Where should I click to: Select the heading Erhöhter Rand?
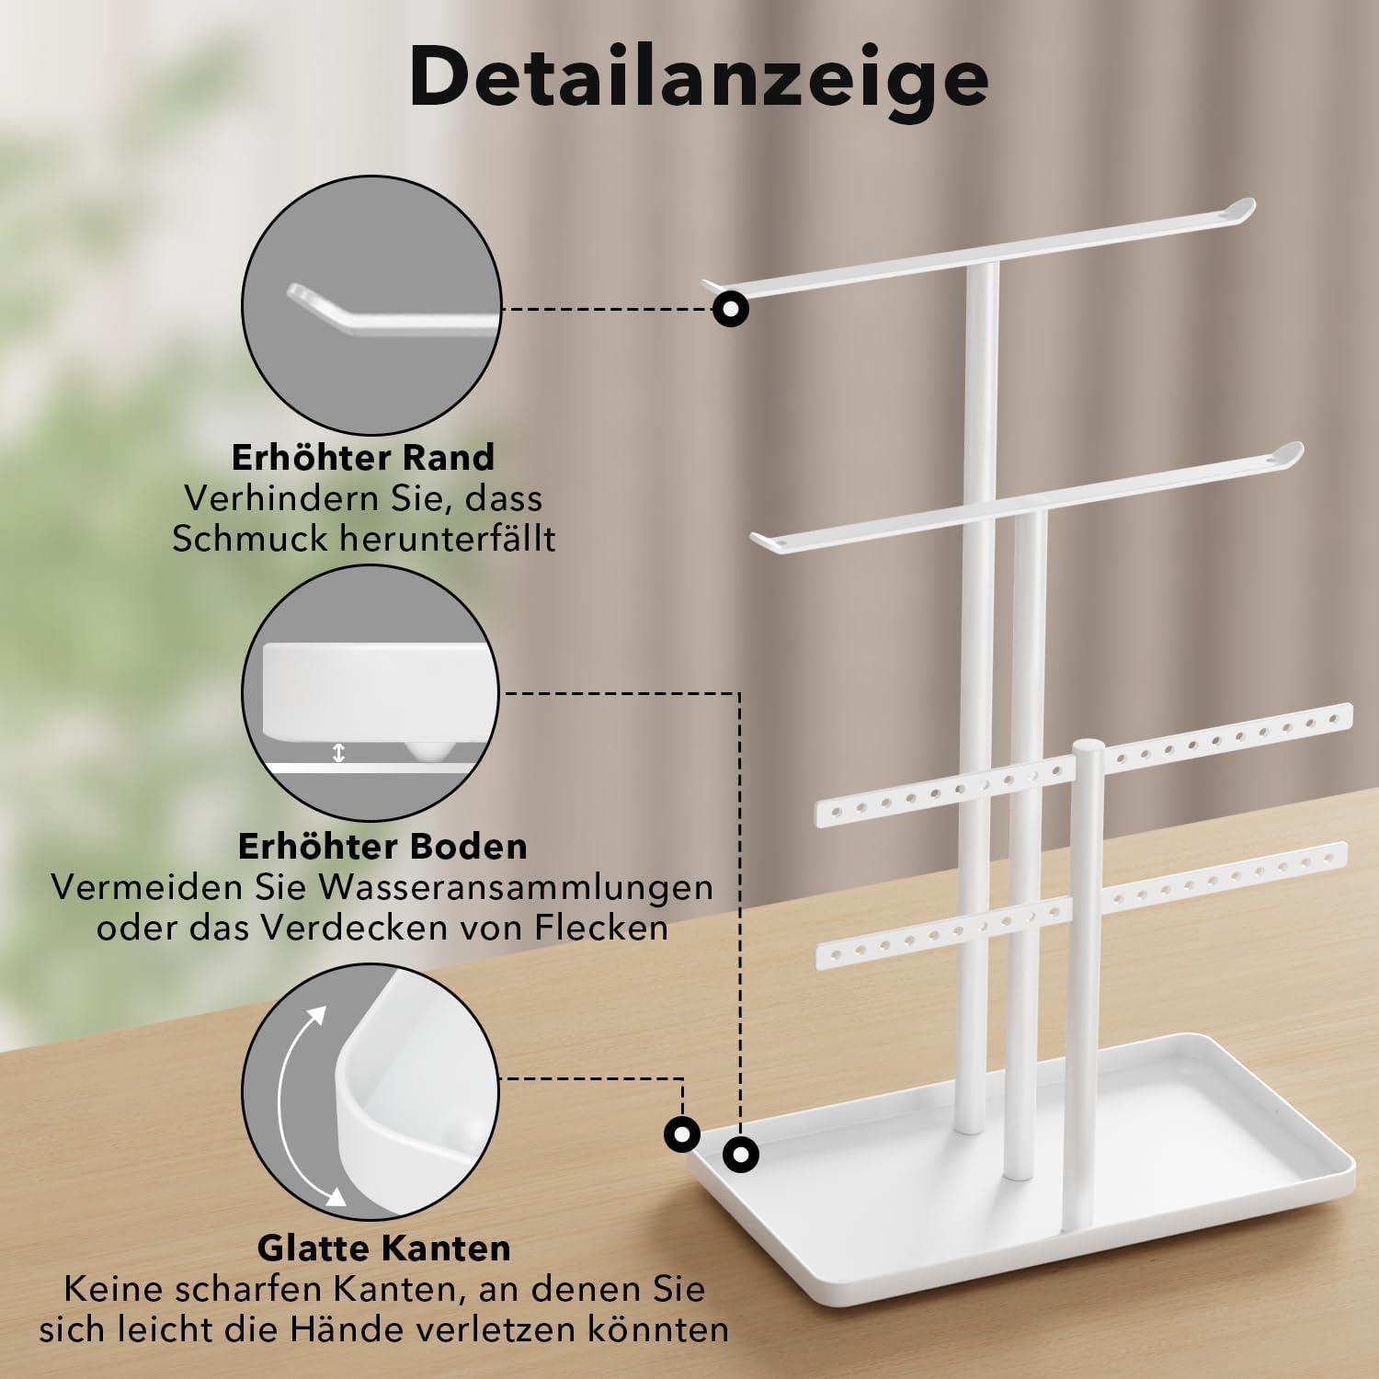[x=362, y=457]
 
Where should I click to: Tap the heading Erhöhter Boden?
[x=382, y=846]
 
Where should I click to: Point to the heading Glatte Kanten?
[x=384, y=1248]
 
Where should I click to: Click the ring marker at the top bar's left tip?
[x=731, y=309]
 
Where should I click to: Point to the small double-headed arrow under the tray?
[x=338, y=753]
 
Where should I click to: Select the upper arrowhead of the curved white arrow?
[x=317, y=1014]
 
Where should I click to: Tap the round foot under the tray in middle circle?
[x=428, y=750]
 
